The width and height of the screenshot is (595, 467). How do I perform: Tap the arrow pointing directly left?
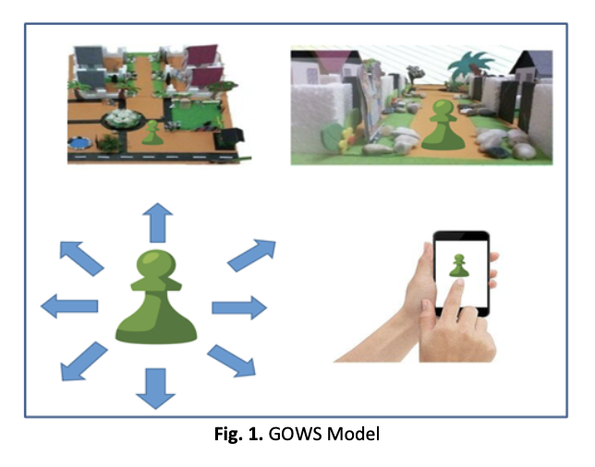[x=70, y=305]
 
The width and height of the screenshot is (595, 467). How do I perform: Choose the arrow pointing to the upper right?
[x=250, y=255]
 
